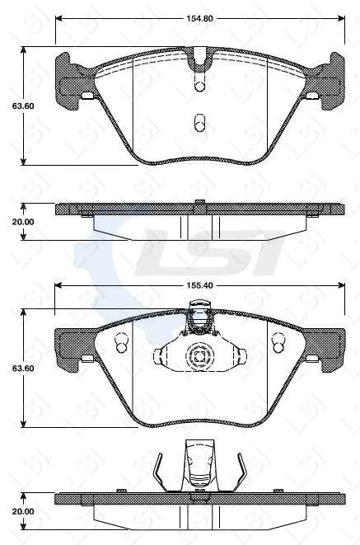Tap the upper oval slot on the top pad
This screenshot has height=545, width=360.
(199, 84)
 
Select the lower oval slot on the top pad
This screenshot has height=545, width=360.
(199, 124)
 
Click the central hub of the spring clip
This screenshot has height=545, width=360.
(199, 357)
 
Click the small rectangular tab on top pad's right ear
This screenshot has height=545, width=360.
(311, 96)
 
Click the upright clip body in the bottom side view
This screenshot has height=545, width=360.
(199, 466)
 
